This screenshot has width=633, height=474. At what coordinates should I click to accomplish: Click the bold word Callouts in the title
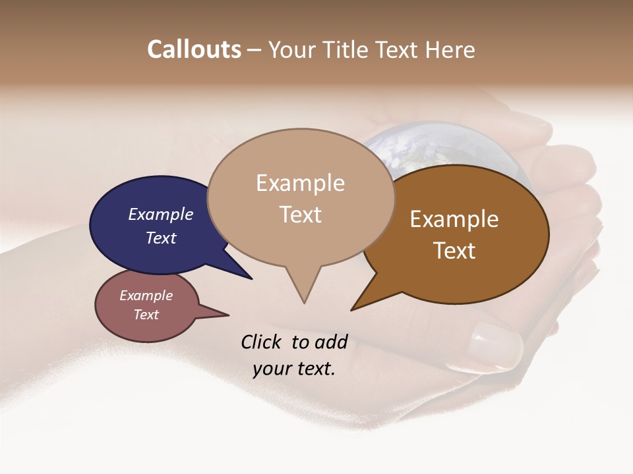point(194,49)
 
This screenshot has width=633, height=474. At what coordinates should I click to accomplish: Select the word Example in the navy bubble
point(160,214)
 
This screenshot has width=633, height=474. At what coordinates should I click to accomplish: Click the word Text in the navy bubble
point(160,238)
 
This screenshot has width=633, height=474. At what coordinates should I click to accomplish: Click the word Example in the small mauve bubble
point(146,296)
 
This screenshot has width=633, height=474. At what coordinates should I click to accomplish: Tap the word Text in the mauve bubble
point(146,315)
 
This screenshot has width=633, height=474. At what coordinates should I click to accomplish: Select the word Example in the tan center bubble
point(300,183)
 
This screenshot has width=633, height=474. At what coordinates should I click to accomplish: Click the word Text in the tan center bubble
point(300,215)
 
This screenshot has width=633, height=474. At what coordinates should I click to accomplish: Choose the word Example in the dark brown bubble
point(454,219)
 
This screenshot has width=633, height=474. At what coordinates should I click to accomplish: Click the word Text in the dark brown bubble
point(454,251)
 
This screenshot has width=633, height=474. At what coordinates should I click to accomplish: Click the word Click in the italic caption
point(261,342)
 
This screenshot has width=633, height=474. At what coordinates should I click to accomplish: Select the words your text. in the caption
point(294,369)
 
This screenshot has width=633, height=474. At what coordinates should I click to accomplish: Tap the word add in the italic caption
point(331,342)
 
